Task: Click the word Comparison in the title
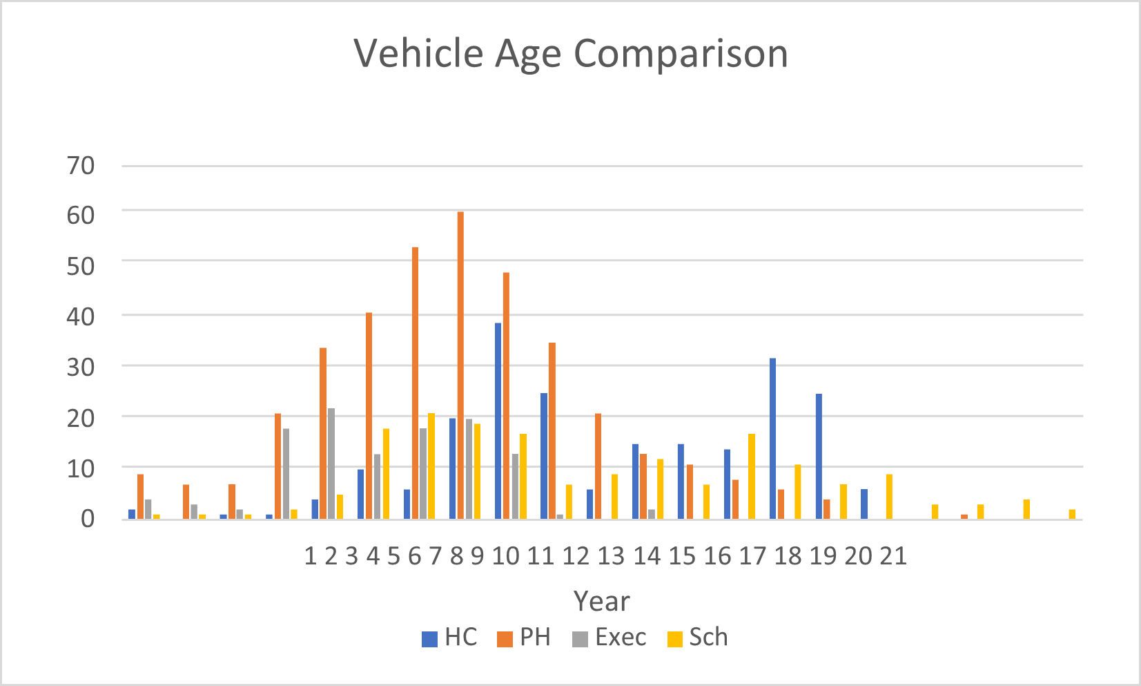(x=681, y=54)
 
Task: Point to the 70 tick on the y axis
(x=81, y=166)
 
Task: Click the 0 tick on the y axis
(x=88, y=519)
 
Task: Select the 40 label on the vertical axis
(x=81, y=317)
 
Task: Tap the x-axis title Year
(x=601, y=602)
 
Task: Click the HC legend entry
(x=450, y=637)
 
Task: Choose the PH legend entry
(x=525, y=637)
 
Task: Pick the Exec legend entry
(x=610, y=637)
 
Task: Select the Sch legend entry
(x=699, y=637)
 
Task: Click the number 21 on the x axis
(x=893, y=556)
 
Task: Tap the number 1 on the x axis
(x=311, y=556)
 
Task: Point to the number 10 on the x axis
(x=505, y=556)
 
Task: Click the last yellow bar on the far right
(x=1072, y=514)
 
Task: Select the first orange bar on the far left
(x=141, y=496)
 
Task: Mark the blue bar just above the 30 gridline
(x=773, y=438)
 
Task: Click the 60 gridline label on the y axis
(x=81, y=216)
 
